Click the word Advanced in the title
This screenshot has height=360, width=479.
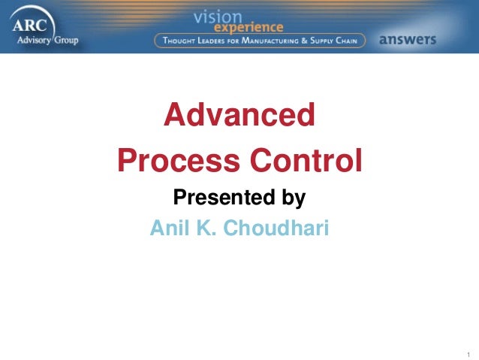click(239, 116)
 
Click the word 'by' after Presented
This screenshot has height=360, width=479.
click(291, 198)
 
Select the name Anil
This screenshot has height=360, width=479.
click(170, 227)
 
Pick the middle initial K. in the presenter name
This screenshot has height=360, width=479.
click(211, 227)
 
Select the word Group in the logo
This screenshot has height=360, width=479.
click(65, 39)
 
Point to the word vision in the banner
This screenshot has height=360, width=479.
click(218, 16)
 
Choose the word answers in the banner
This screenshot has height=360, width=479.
click(408, 40)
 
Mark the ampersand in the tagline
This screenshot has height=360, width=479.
click(317, 40)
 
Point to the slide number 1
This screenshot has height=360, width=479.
click(467, 353)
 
